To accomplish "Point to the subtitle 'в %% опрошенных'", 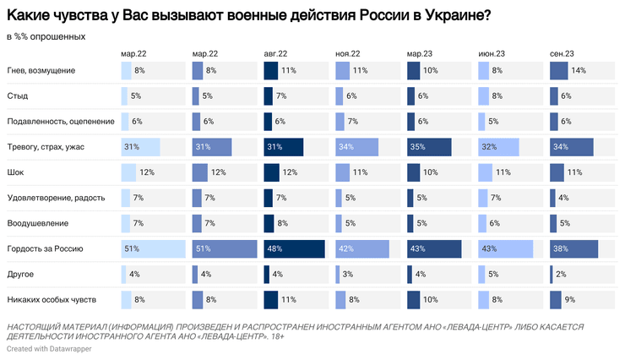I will pos(46,36).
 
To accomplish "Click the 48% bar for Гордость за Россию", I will pos(294,248).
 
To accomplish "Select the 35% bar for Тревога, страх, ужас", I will pos(429,147).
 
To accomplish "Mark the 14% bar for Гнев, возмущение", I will pos(558,71).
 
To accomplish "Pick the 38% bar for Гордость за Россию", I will pos(573,248).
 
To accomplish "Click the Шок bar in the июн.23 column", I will pos(485,172).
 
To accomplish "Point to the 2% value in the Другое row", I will pos(562,274).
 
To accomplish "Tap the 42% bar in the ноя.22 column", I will pos(361,248).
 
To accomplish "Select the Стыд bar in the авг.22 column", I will pos(269,96).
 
